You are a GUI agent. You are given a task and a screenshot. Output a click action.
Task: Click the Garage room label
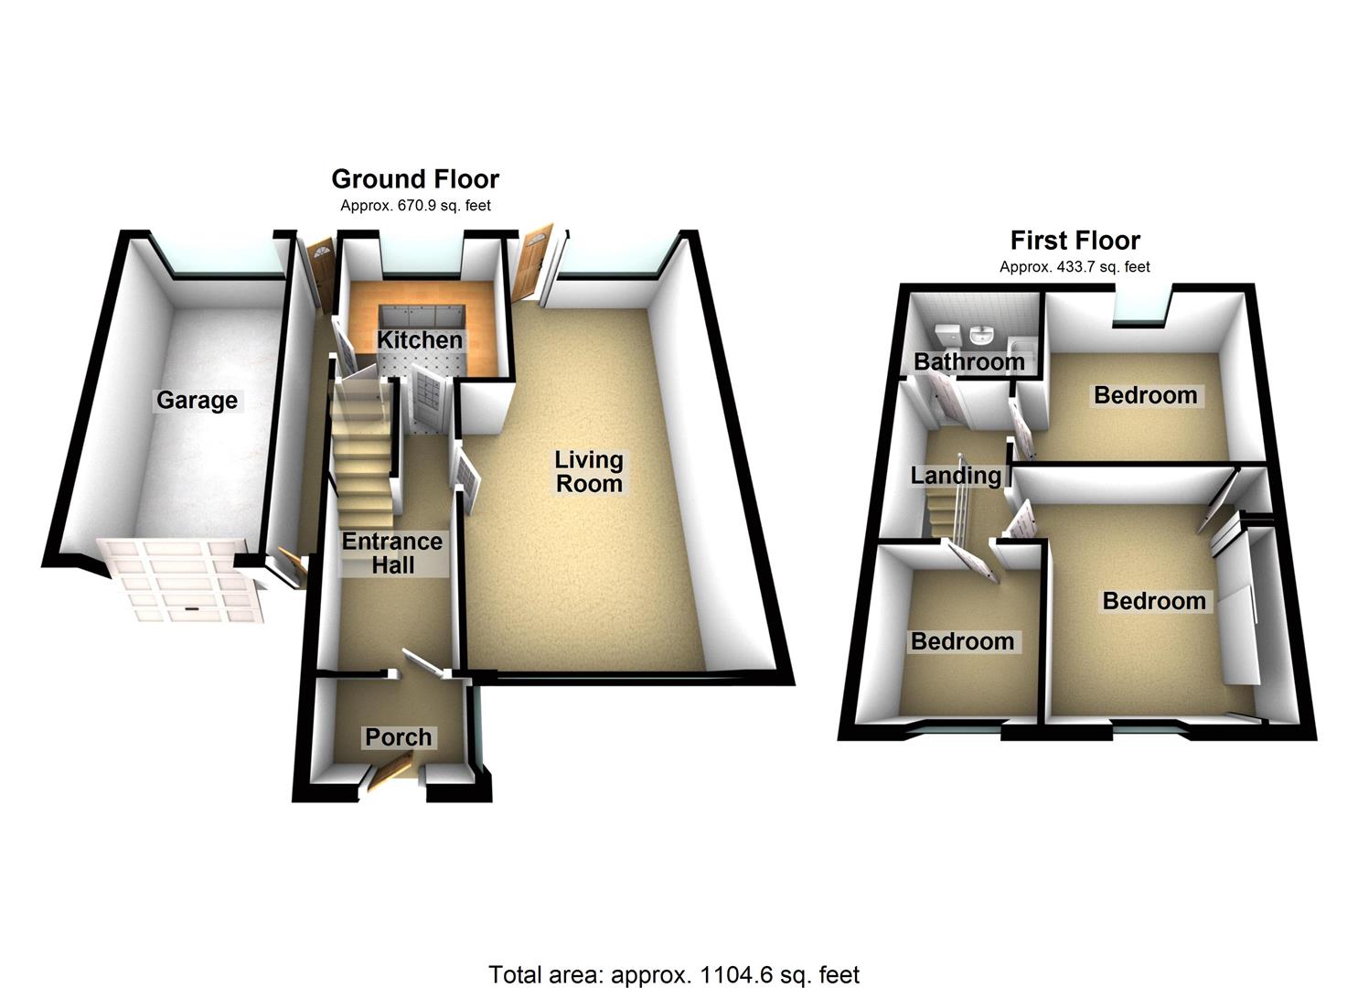[197, 401]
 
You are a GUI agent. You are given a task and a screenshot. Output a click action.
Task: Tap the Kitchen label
[420, 340]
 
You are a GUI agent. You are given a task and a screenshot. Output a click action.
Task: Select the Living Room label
[589, 471]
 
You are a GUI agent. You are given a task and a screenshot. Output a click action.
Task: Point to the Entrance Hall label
[392, 553]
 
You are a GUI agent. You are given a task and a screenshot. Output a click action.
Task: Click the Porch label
[398, 737]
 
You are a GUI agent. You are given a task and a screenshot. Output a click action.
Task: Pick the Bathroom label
[968, 362]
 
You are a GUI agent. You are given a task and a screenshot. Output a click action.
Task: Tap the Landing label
[956, 476]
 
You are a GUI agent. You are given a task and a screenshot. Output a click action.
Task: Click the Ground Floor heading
[415, 178]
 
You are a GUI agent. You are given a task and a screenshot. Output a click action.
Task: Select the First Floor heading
[1075, 241]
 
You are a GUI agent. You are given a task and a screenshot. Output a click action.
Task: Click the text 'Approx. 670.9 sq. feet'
[415, 206]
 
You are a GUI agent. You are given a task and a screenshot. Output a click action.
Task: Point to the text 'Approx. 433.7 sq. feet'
[1075, 267]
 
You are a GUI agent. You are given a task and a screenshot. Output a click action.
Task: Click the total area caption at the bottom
[674, 975]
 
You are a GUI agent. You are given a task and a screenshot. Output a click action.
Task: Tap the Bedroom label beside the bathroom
[1145, 396]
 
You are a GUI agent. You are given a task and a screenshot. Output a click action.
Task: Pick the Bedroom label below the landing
[962, 641]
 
